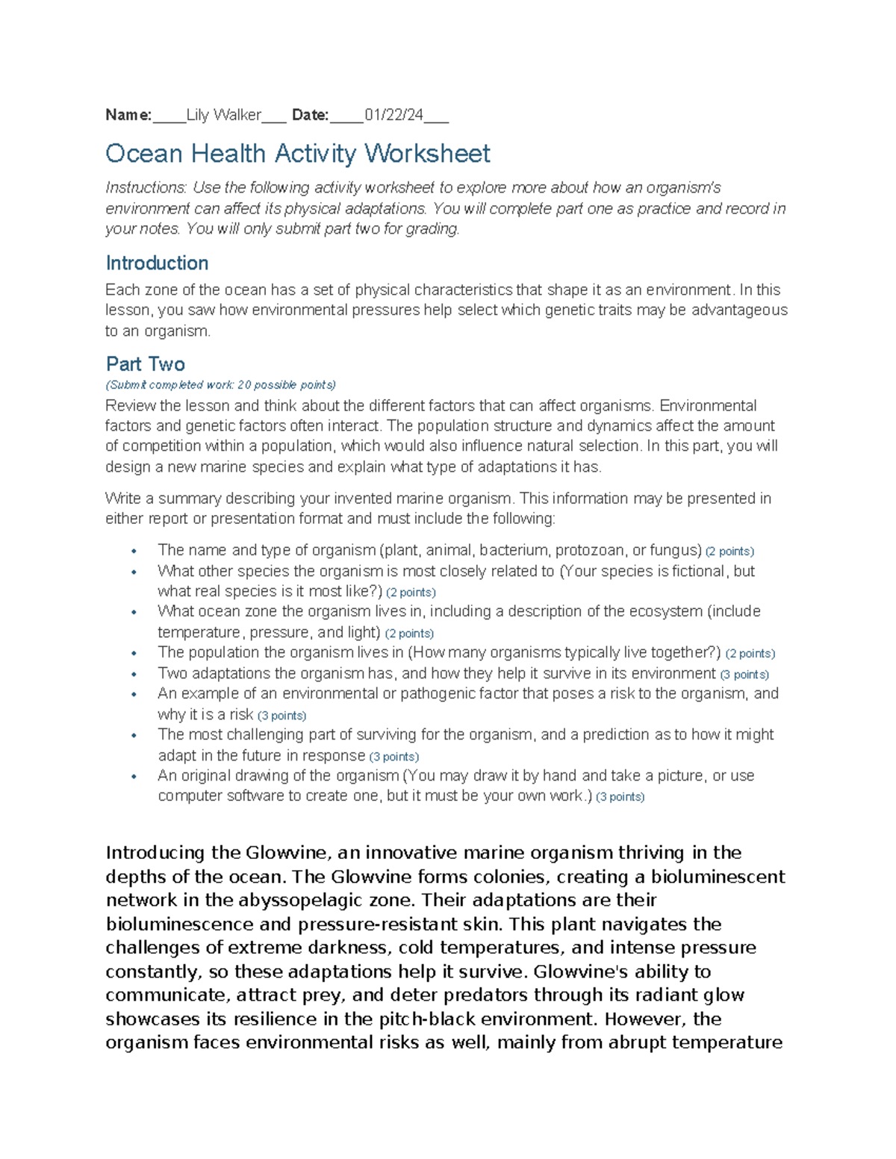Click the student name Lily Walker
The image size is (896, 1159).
(x=223, y=115)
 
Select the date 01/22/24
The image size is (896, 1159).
(x=393, y=115)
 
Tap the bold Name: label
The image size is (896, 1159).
(x=128, y=115)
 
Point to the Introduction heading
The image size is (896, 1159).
(x=157, y=263)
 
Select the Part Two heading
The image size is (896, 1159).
(x=146, y=364)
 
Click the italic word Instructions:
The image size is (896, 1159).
(x=146, y=188)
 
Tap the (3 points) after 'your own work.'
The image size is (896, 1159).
(x=620, y=797)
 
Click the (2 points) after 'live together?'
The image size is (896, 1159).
(x=750, y=654)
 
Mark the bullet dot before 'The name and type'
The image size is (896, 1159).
(x=134, y=552)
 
